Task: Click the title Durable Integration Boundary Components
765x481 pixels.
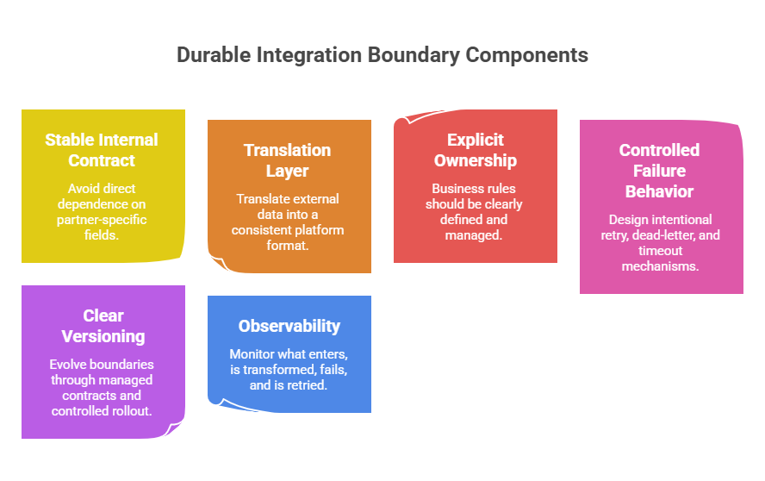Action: click(382, 55)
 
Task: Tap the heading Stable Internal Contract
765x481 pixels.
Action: click(102, 150)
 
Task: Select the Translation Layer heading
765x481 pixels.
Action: click(288, 160)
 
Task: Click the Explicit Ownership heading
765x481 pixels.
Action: click(475, 150)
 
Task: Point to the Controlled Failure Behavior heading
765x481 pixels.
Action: click(660, 170)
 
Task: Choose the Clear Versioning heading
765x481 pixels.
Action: click(103, 326)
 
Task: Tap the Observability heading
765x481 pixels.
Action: click(289, 326)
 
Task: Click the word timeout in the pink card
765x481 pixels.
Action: click(660, 251)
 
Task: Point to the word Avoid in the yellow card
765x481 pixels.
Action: click(84, 188)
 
